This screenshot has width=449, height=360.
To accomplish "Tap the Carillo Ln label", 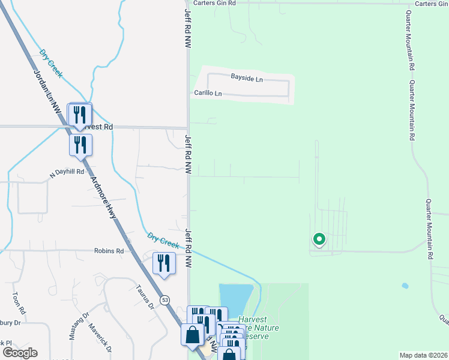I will (208, 93).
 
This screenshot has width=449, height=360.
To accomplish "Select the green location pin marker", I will (319, 240).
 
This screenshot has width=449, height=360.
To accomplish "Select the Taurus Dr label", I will (145, 296).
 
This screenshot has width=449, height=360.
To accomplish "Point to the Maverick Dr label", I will (100, 338).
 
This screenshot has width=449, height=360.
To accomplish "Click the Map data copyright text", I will (423, 355).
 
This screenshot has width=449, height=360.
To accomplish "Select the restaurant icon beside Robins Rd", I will (164, 263).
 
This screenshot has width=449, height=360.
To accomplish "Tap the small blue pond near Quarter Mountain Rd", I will (405, 286).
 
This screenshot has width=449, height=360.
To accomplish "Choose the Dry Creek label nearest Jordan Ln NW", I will (52, 62).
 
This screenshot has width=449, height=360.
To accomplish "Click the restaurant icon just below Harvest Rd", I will (80, 145).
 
